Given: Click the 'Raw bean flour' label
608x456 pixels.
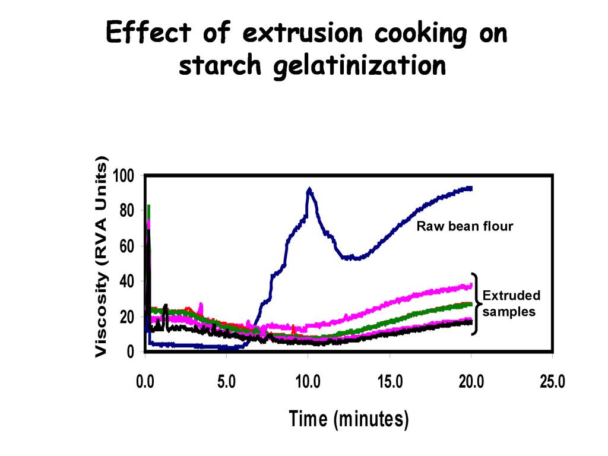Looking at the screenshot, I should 464,226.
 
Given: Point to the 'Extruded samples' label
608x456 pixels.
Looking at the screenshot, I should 511,303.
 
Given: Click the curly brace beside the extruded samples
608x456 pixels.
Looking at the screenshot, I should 474,303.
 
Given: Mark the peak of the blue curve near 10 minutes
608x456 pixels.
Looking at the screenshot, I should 309,190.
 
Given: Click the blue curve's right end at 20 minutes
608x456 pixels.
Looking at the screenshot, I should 470,188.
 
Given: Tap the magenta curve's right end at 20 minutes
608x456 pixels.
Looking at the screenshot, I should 471,286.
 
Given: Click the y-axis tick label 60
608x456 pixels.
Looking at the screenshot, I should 127,246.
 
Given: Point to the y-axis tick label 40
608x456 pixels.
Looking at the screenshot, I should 127,281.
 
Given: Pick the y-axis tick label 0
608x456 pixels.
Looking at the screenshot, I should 131,351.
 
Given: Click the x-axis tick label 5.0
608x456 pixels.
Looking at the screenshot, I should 226,382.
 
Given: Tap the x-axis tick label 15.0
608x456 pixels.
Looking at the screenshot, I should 389,382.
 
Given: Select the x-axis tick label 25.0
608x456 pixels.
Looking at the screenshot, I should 552,382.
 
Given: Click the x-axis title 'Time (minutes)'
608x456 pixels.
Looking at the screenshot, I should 349,420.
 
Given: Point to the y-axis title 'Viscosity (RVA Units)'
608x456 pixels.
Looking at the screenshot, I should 102,256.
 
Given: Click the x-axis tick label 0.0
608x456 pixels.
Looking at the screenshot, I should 145,382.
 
